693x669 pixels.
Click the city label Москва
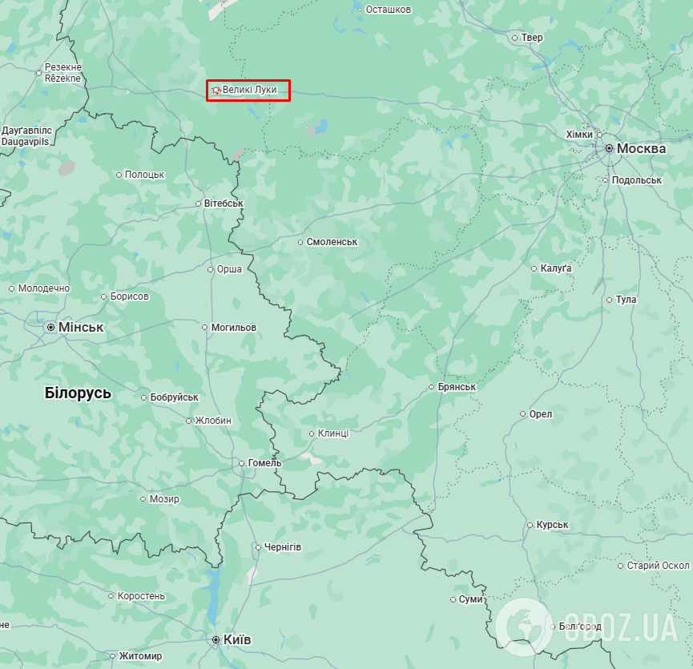point(641,149)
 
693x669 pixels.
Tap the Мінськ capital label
point(81,328)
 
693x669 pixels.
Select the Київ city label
point(237,640)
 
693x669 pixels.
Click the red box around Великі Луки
point(248,91)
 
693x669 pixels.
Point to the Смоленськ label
point(332,242)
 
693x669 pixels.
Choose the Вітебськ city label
point(224,204)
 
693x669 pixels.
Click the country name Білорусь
point(78,393)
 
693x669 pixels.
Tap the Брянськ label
point(457,387)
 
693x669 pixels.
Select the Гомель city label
point(264,463)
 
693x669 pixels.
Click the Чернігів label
point(283,547)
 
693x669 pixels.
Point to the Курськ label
point(552,526)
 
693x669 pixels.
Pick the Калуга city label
point(556,268)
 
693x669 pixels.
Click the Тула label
point(627,300)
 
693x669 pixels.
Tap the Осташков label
point(389,10)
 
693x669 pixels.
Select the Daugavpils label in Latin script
point(26,141)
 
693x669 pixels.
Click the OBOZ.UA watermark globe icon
point(524,626)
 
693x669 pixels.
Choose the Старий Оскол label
point(658,566)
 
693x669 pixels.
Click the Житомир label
point(140,656)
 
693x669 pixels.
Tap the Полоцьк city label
point(145,175)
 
